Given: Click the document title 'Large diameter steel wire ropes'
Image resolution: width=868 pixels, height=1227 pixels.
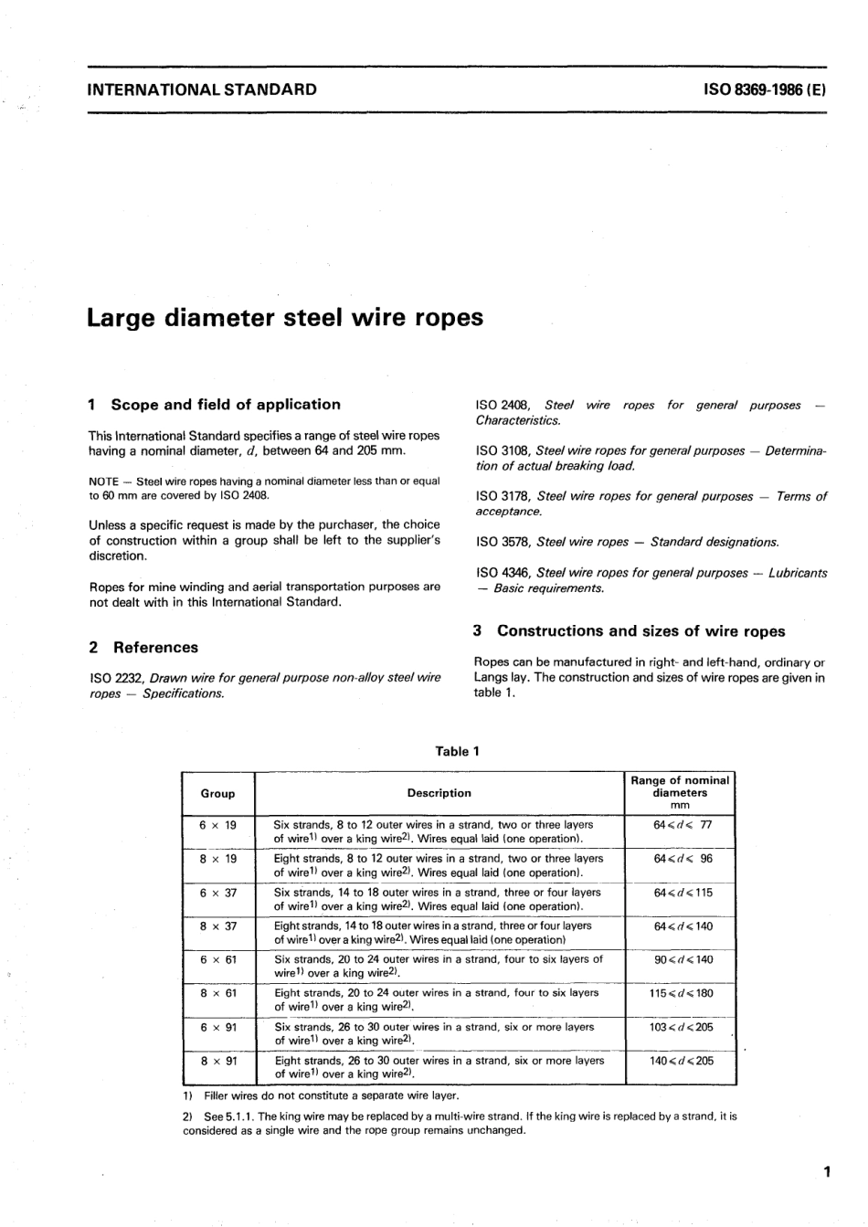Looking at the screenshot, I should coord(284,318).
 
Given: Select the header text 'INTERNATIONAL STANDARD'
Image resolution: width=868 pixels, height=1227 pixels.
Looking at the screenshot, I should coord(202,90).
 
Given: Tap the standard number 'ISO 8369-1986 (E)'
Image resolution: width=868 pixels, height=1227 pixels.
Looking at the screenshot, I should coord(764,90).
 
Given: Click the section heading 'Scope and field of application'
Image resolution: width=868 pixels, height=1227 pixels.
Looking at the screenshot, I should coord(225,405).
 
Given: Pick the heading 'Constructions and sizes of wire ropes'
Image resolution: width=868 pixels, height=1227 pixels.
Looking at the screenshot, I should coord(640,631).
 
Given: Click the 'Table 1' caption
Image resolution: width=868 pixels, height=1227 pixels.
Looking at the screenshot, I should coord(458,751).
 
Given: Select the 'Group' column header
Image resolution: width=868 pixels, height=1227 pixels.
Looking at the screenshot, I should coord(217,794).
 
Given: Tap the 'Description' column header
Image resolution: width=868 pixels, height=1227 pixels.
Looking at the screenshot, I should coord(439,794).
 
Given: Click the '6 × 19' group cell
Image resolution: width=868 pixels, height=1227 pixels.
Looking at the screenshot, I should coord(217,825).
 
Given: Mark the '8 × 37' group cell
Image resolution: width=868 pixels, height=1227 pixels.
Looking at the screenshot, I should coord(217,926).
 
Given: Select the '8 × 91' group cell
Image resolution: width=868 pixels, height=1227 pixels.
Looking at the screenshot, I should coord(217,1061).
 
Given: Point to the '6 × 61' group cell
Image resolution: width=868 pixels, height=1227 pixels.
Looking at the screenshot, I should coord(217,960).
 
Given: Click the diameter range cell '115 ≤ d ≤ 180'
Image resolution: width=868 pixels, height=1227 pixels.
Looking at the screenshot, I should coord(681,993).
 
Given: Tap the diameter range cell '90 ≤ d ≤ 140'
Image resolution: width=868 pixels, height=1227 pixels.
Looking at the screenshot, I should coord(681,960).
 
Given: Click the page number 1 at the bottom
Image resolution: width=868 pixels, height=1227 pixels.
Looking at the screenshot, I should coord(825,1172).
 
